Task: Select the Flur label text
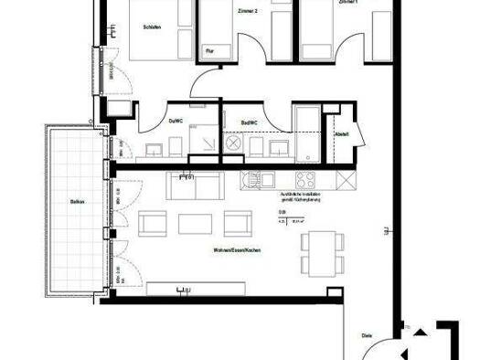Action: coord(209,51)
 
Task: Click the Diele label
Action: coord(366,335)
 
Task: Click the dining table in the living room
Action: coord(320,252)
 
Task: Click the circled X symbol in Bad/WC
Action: coord(233,144)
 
